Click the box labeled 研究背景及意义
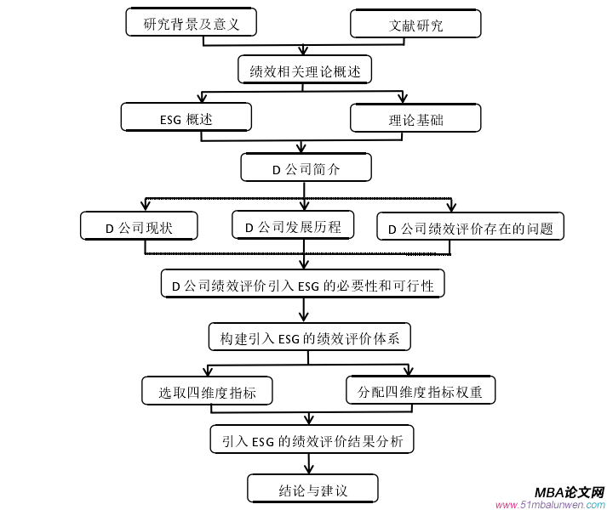191,24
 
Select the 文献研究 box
415,25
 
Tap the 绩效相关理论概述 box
305,71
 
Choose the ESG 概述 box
186,118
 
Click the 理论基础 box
415,118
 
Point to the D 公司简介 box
306,168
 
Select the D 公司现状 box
140,227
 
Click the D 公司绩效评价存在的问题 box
470,227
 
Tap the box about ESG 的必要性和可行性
302,285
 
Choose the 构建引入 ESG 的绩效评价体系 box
310,337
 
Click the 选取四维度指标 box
207,391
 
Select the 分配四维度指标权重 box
421,390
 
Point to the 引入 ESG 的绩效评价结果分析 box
312,440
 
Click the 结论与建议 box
312,489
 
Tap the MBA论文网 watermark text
570,492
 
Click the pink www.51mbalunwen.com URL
549,504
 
